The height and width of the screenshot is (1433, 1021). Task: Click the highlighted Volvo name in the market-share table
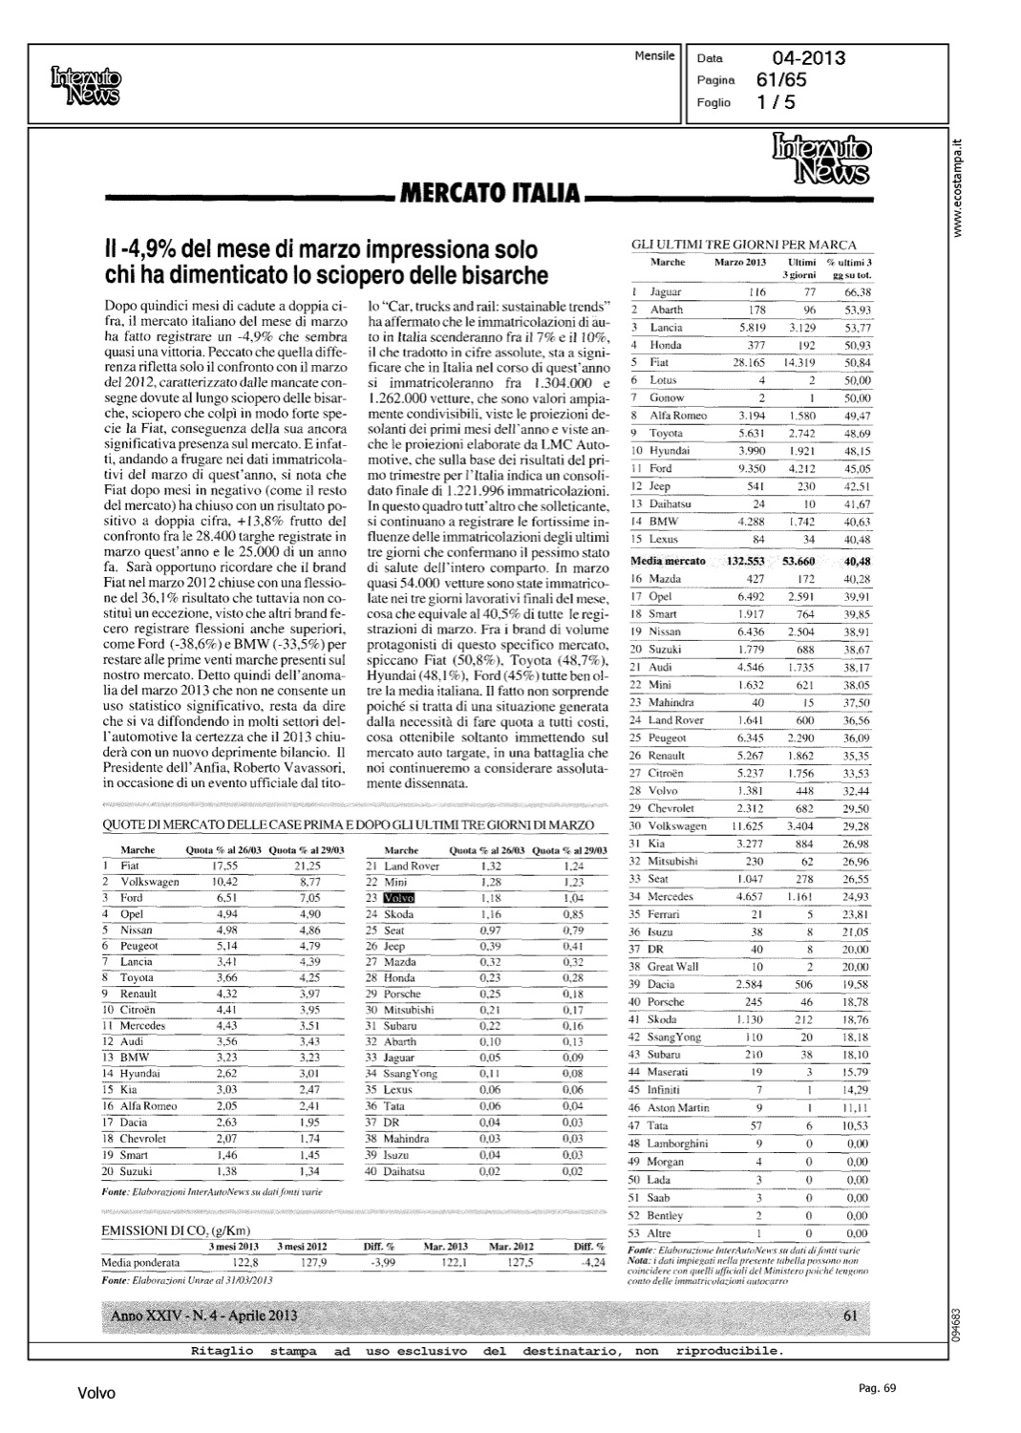click(x=396, y=898)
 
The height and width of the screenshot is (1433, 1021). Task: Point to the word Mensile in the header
click(x=654, y=56)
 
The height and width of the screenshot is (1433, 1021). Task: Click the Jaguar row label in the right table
click(x=665, y=291)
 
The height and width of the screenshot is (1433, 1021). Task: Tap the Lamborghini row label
click(x=678, y=1144)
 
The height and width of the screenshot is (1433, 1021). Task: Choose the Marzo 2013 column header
click(x=740, y=262)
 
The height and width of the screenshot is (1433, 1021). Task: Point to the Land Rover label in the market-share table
click(x=412, y=866)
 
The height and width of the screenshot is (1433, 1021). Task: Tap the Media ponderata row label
click(x=140, y=1262)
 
